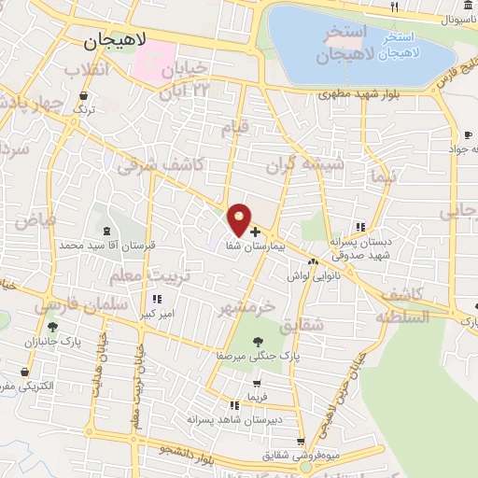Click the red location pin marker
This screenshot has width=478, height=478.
[x=240, y=218]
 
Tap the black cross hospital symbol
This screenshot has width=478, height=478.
[x=255, y=230]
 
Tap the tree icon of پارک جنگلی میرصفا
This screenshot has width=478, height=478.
[x=259, y=343]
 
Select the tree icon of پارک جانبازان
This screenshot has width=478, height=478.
[x=52, y=326]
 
